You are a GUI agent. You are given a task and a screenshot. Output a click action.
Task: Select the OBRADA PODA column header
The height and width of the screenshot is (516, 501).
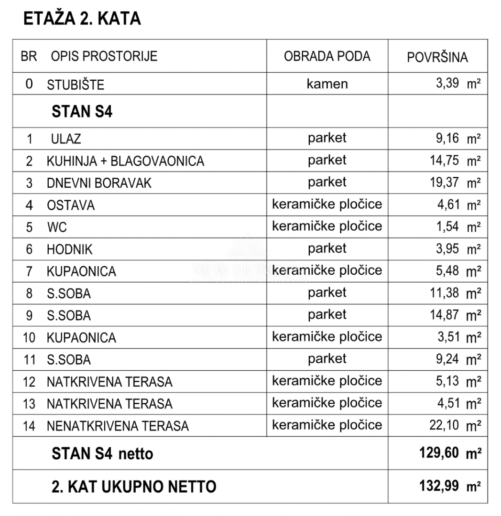coord(327,56)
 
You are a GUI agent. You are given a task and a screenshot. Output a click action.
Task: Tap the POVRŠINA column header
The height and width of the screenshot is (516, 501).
coord(437,57)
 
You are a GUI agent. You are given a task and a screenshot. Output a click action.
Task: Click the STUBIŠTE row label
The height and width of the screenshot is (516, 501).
coord(75,85)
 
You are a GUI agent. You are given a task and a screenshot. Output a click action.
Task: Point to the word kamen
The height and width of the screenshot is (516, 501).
coord(327,84)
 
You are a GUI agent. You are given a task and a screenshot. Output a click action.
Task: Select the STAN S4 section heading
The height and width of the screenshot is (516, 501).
coord(82,112)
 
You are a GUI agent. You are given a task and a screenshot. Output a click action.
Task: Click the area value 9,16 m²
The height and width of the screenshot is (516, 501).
coord(455,139)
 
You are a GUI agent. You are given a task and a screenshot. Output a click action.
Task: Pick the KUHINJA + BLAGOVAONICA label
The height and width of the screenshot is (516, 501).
coord(125,161)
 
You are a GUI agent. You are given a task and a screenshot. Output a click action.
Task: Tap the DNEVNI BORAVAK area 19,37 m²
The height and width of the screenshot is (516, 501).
coord(455,183)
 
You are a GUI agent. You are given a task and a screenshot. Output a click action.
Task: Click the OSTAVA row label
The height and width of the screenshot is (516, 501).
coord(71,205)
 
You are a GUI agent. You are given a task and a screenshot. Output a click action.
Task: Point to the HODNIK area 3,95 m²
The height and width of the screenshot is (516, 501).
coord(455,249)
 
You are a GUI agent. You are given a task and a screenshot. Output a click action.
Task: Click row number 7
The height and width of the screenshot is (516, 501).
coord(29,271)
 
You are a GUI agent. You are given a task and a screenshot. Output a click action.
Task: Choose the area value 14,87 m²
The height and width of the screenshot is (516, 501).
coord(455,315)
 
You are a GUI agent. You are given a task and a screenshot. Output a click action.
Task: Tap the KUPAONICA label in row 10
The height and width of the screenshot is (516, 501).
coord(81,338)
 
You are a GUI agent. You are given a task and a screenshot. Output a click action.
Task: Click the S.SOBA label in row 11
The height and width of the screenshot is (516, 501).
coord(69,360)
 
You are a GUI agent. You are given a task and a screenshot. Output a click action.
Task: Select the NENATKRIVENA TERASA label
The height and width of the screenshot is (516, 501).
coord(118,426)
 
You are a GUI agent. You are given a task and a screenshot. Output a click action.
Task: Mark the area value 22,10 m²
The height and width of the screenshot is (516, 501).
coord(455,425)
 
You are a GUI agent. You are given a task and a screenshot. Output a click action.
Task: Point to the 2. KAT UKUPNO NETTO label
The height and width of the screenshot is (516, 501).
coord(134,487)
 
